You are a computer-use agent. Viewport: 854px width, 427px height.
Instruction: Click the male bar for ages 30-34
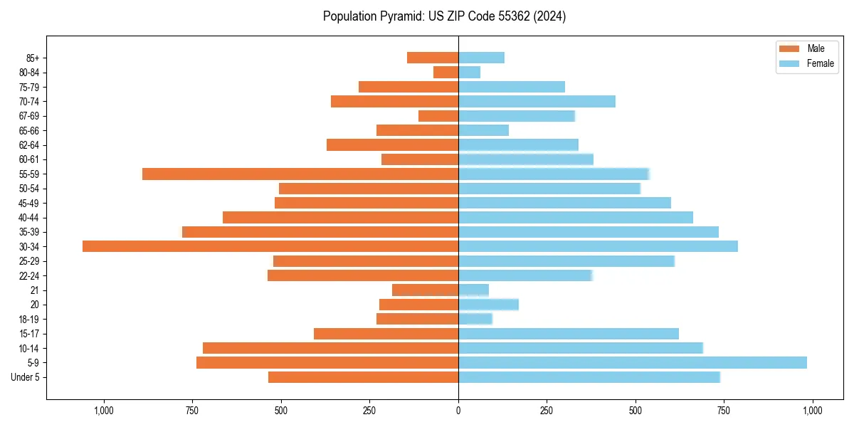[270, 246]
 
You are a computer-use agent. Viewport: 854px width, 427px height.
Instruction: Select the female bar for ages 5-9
[632, 362]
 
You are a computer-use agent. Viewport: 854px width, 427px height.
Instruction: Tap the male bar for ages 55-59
[300, 174]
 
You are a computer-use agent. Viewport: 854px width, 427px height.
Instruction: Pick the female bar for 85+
[481, 58]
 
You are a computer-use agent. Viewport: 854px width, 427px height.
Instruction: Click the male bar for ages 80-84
[446, 72]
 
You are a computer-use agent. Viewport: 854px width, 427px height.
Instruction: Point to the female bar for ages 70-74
[537, 101]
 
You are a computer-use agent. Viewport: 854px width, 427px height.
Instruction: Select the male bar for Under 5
[363, 377]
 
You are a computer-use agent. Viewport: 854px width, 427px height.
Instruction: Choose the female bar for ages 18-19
[475, 319]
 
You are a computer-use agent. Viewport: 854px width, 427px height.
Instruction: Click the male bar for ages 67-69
[438, 116]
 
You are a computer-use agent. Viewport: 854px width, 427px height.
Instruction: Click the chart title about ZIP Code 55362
[444, 16]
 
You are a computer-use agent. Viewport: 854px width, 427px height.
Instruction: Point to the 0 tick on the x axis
[458, 411]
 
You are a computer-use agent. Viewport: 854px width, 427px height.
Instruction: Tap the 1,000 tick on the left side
[104, 411]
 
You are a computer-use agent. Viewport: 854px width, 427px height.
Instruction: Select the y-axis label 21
[34, 290]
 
